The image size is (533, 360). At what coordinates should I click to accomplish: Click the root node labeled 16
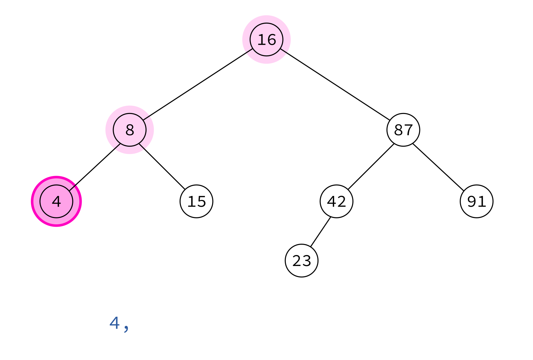coord(266,40)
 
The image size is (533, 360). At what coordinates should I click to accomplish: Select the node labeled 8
coord(130,130)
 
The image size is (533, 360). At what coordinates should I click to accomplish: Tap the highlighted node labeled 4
coord(56,201)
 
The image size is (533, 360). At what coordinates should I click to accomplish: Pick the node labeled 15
coord(196,201)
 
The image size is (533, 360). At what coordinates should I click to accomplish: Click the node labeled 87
coord(403,130)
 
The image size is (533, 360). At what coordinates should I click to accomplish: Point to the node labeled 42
coord(336,201)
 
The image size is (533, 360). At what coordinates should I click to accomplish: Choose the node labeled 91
coord(477,201)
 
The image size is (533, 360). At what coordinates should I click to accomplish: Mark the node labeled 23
coord(301,260)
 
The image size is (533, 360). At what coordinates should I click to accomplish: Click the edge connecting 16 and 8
coord(198,85)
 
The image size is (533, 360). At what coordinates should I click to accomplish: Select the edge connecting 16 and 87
coord(335,85)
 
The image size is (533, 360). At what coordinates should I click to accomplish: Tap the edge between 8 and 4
coord(95,167)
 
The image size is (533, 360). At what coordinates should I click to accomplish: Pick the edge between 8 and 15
coord(162,167)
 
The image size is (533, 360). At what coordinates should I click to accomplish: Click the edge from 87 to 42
coord(371,167)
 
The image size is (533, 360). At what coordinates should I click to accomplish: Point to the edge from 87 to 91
coord(438,167)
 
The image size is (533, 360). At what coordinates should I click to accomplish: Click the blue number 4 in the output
coord(115,323)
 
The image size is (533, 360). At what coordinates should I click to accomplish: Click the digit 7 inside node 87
coord(408,130)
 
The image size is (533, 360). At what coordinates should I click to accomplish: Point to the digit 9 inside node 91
coord(472,201)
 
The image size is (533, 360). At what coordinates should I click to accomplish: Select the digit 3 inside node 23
coord(306,261)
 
